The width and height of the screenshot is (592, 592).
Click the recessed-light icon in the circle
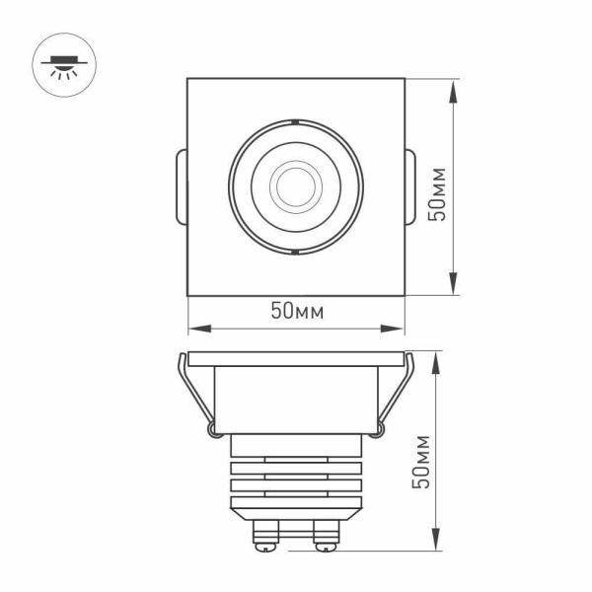pyautogui.click(x=62, y=65)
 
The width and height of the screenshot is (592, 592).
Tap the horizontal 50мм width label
pyautogui.click(x=297, y=312)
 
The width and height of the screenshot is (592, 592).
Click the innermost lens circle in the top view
pyautogui.click(x=295, y=184)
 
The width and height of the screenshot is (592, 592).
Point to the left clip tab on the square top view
pyautogui.click(x=180, y=185)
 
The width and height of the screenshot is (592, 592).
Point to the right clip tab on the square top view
pyautogui.click(x=411, y=185)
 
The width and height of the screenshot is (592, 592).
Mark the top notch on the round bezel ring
pyautogui.click(x=295, y=121)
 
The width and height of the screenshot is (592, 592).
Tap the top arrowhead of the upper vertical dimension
pyautogui.click(x=453, y=87)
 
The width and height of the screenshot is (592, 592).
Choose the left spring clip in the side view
pyautogui.click(x=195, y=395)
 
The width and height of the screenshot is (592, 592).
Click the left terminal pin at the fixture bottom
pyautogui.click(x=265, y=535)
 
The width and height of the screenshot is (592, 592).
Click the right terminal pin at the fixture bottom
pyautogui.click(x=325, y=535)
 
